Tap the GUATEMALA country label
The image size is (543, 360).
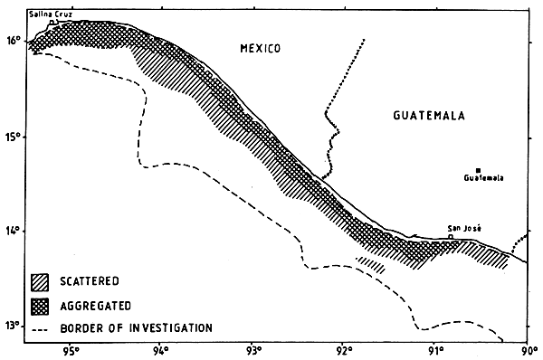(x=429, y=116)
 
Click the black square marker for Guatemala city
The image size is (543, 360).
(x=478, y=170)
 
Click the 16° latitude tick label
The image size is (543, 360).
(x=12, y=41)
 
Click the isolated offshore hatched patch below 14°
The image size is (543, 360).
(x=372, y=264)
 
